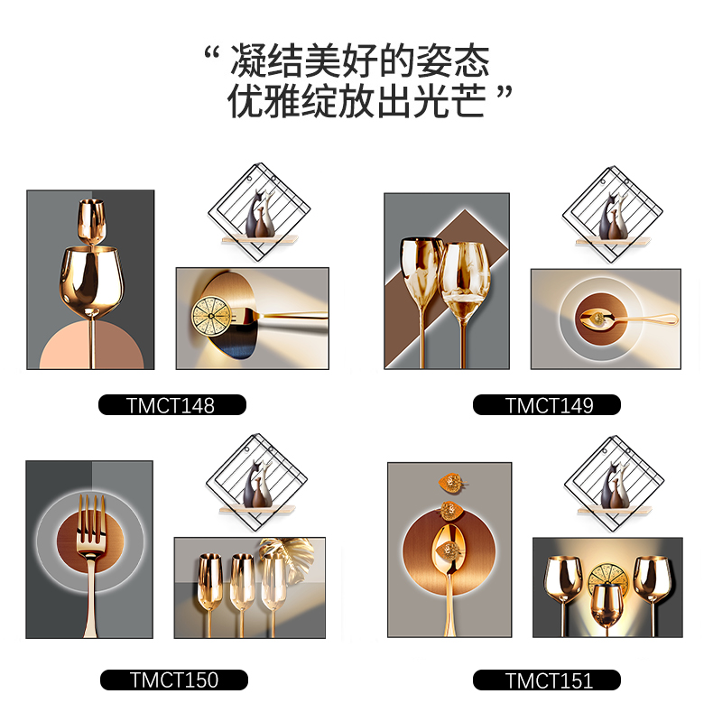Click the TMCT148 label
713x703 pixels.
[171, 404]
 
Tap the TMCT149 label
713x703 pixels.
[547, 404]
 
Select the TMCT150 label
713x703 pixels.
[173, 680]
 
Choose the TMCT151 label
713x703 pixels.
[547, 680]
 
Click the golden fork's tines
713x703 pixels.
[92, 518]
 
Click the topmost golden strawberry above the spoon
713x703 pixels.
[451, 483]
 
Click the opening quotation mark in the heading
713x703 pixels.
[212, 53]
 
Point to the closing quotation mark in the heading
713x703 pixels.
[504, 92]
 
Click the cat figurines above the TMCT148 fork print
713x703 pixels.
[260, 213]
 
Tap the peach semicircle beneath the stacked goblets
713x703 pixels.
[92, 345]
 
